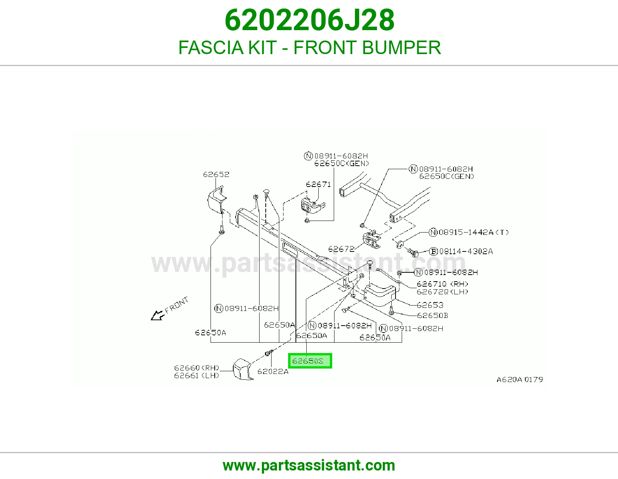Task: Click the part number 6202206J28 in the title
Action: pos(309,20)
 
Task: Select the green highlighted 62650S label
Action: pos(310,361)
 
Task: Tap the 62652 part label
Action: pos(216,174)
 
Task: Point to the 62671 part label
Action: pos(318,184)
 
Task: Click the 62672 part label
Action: pos(341,249)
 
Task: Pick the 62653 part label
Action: pos(430,305)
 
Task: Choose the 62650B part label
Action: pos(433,316)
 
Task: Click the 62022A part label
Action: pos(273,372)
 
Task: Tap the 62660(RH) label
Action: pos(197,368)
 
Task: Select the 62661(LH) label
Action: pos(197,376)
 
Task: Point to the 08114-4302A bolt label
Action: pos(466,251)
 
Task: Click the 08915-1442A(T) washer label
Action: pos(474,233)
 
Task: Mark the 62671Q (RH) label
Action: pos(442,284)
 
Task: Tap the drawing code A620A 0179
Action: pos(520,379)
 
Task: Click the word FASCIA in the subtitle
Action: pos(211,48)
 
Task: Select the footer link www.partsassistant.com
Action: pos(309,465)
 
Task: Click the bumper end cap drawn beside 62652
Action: pos(217,200)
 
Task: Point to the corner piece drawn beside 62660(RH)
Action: pos(242,370)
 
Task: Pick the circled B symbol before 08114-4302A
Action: pos(433,251)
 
